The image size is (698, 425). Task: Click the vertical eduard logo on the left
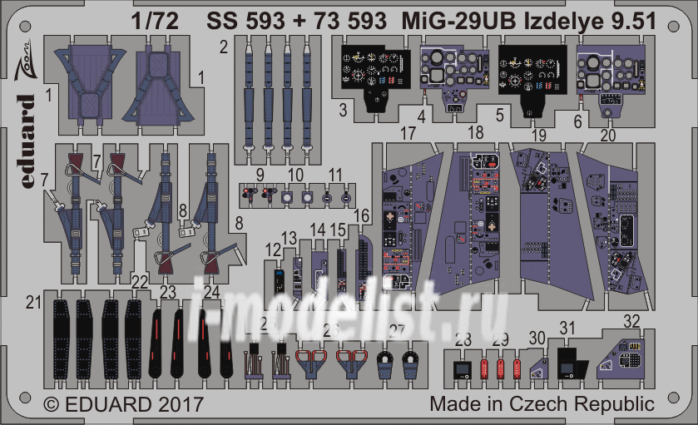pos(26,140)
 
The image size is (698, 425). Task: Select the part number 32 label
pos(631,319)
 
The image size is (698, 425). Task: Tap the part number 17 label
pos(407,132)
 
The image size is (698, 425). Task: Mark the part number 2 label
pos(223,47)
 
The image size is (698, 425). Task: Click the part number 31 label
pos(567,328)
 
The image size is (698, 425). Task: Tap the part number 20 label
pos(607,135)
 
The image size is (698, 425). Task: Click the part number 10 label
pos(295,175)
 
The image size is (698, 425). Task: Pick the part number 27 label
pos(397,330)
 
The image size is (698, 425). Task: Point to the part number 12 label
pos(273,249)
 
